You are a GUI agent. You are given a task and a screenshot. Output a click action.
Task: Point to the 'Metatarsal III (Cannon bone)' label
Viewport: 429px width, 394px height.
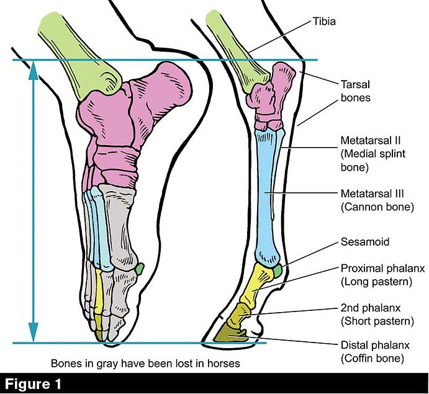pos(374,200)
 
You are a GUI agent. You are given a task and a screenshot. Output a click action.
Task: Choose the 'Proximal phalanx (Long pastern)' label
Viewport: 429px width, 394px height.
pos(381,275)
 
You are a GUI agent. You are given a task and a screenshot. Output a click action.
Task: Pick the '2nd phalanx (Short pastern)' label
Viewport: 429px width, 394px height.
pos(376,315)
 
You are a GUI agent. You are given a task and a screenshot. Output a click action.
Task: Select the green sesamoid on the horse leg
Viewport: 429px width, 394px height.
pos(278,270)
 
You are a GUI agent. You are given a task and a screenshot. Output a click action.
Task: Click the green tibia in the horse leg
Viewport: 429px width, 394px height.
pos(233,47)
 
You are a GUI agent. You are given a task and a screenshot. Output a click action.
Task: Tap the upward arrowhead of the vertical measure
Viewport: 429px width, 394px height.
pos(34,71)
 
